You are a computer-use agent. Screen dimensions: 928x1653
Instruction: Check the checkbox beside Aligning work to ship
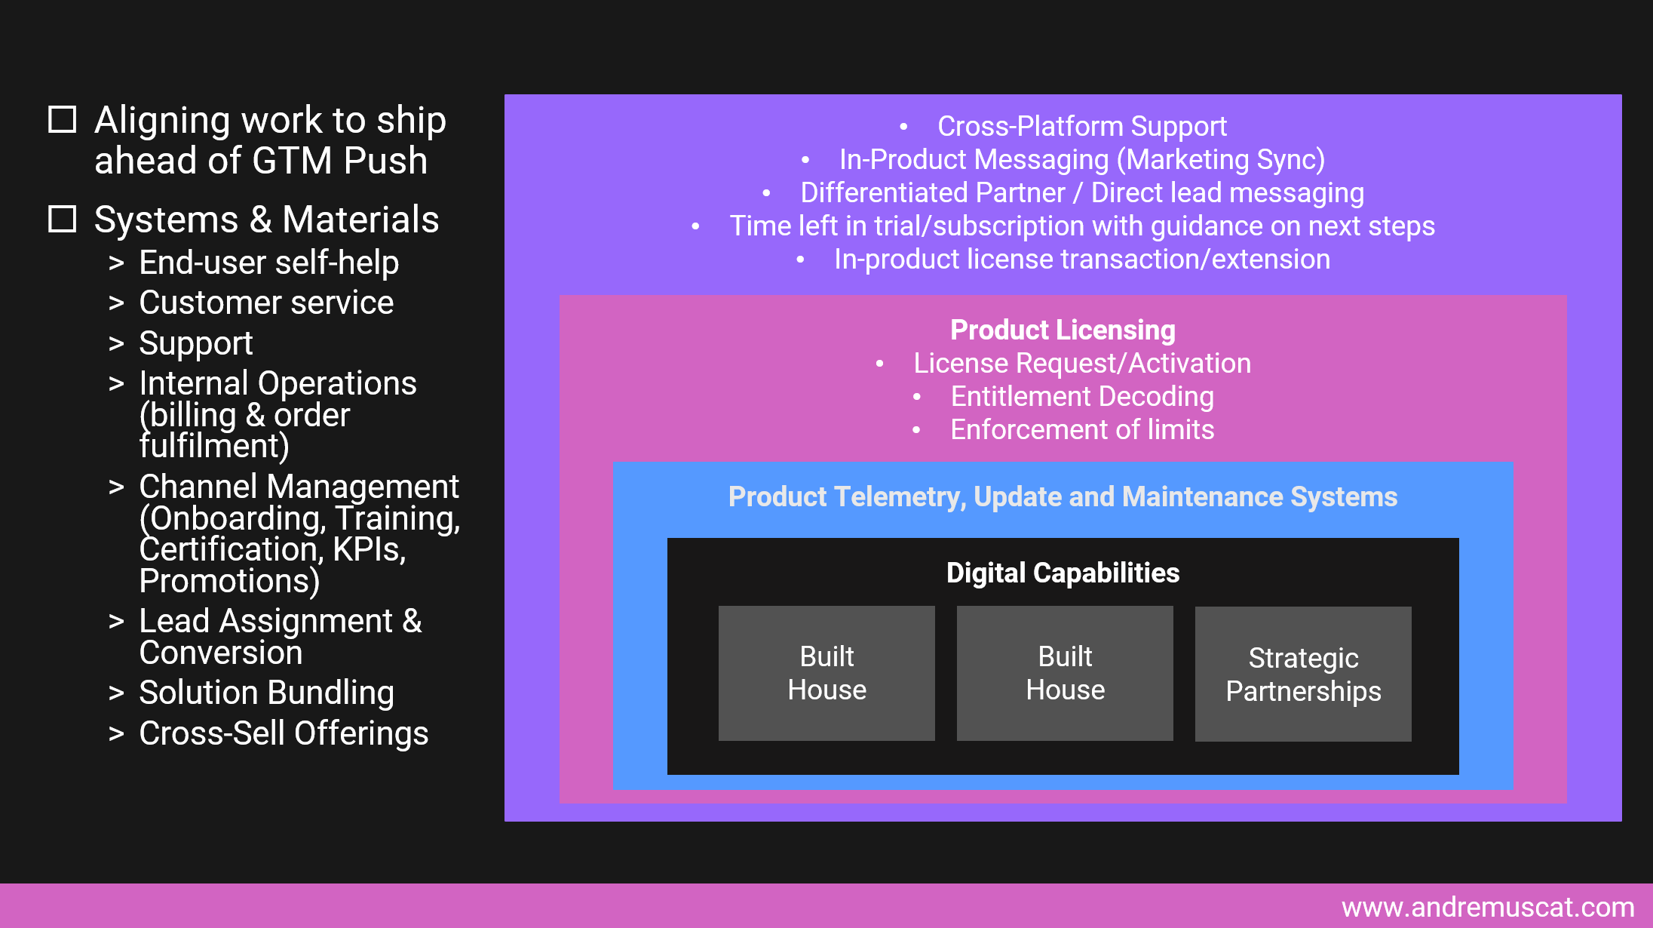pos(62,119)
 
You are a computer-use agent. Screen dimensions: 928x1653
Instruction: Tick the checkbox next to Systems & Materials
pos(62,219)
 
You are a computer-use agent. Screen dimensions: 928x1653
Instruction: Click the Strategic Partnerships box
pos(1302,674)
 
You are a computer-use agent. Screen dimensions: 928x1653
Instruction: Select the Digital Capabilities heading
pos(1063,573)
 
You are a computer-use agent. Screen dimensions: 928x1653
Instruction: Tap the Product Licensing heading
pos(1063,330)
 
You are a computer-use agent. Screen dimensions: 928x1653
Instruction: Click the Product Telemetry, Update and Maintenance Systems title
pos(1063,496)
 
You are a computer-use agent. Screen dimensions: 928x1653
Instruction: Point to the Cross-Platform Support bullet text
pos(1081,126)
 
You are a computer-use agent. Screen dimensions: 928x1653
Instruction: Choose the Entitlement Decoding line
pos(1081,396)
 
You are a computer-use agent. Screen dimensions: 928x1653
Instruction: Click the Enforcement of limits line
pos(1081,429)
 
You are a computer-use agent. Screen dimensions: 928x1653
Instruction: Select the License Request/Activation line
pos(1081,363)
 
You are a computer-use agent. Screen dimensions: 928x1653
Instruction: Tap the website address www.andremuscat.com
pos(1487,907)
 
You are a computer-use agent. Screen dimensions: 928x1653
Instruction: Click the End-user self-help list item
pos(268,263)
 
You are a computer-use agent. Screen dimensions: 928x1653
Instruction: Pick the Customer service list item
pos(265,303)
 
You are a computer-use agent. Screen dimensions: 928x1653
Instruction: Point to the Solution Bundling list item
pos(266,693)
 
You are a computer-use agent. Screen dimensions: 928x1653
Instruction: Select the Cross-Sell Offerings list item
pos(284,733)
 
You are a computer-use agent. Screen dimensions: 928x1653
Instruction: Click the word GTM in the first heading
pos(292,160)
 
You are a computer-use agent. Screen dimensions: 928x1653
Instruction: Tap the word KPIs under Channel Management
pos(369,549)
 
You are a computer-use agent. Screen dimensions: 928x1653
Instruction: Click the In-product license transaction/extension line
pos(1081,259)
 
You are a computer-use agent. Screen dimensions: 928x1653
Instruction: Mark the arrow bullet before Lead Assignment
pos(116,622)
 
